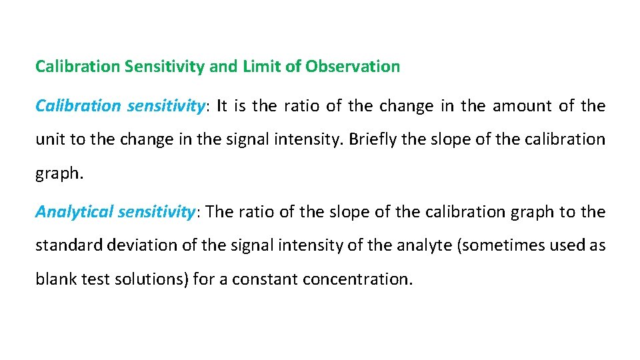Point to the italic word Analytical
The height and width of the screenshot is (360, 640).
tap(75, 212)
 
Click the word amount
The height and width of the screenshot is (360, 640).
tap(517, 106)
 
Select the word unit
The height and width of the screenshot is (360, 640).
tap(48, 140)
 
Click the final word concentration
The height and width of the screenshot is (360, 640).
tap(358, 279)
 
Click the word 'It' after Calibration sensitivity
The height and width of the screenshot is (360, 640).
tap(222, 106)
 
